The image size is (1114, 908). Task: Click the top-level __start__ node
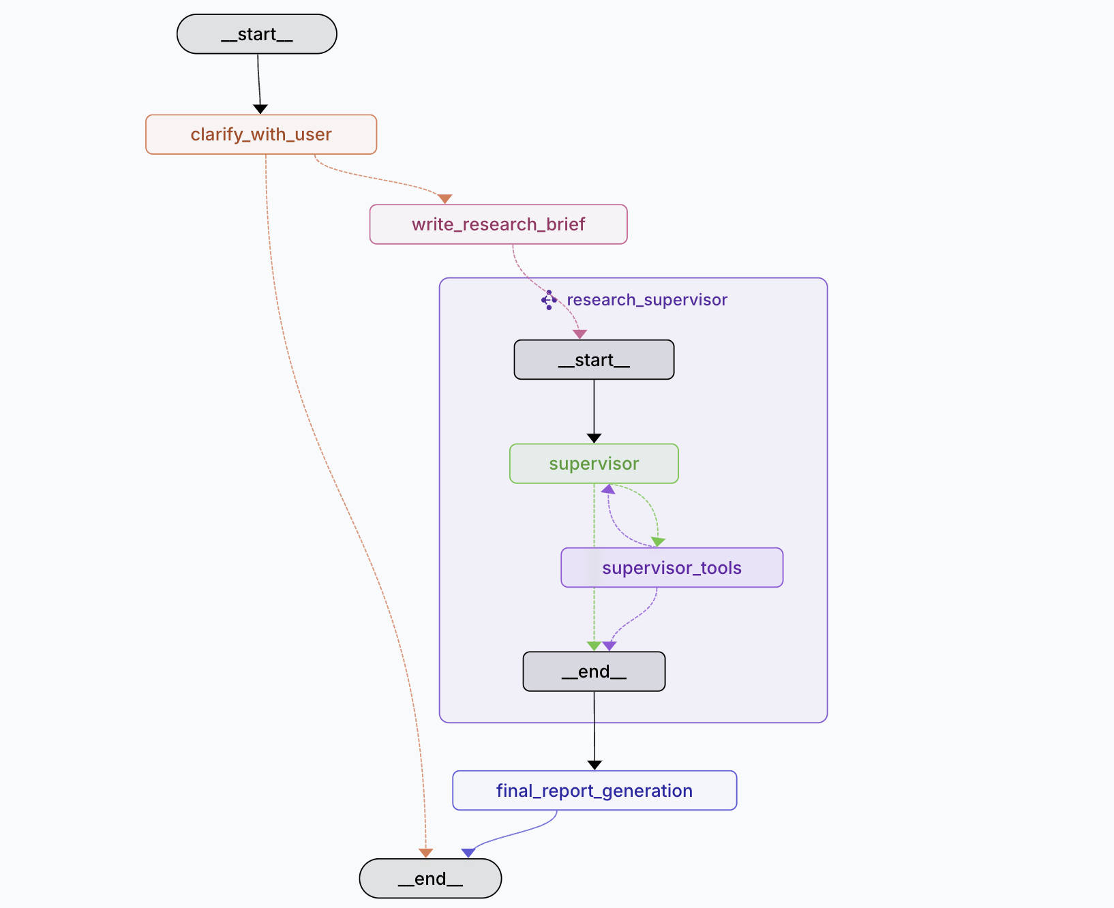(256, 34)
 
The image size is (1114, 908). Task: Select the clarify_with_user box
(261, 134)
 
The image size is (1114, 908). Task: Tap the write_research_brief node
(498, 224)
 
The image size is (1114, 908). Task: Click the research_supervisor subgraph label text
(646, 300)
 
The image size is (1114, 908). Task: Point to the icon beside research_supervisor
(549, 300)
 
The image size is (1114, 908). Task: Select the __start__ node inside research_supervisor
(594, 360)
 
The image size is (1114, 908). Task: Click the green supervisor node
(594, 464)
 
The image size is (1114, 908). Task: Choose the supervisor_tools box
(672, 568)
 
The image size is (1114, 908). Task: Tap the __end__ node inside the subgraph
(594, 671)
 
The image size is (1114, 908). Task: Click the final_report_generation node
(594, 791)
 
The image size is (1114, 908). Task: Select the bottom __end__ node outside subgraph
(430, 879)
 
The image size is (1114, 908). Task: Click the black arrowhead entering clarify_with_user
(260, 109)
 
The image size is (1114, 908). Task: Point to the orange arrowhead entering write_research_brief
(445, 199)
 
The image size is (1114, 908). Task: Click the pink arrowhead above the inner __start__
(579, 334)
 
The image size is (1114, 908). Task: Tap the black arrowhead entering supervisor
(594, 438)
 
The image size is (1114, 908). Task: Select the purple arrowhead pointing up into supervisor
(608, 489)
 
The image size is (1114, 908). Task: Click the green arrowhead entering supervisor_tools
(658, 542)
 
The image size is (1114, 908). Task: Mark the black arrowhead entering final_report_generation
(594, 766)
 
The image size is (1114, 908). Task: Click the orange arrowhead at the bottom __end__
(426, 853)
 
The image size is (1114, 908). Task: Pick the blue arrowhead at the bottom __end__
(468, 853)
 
